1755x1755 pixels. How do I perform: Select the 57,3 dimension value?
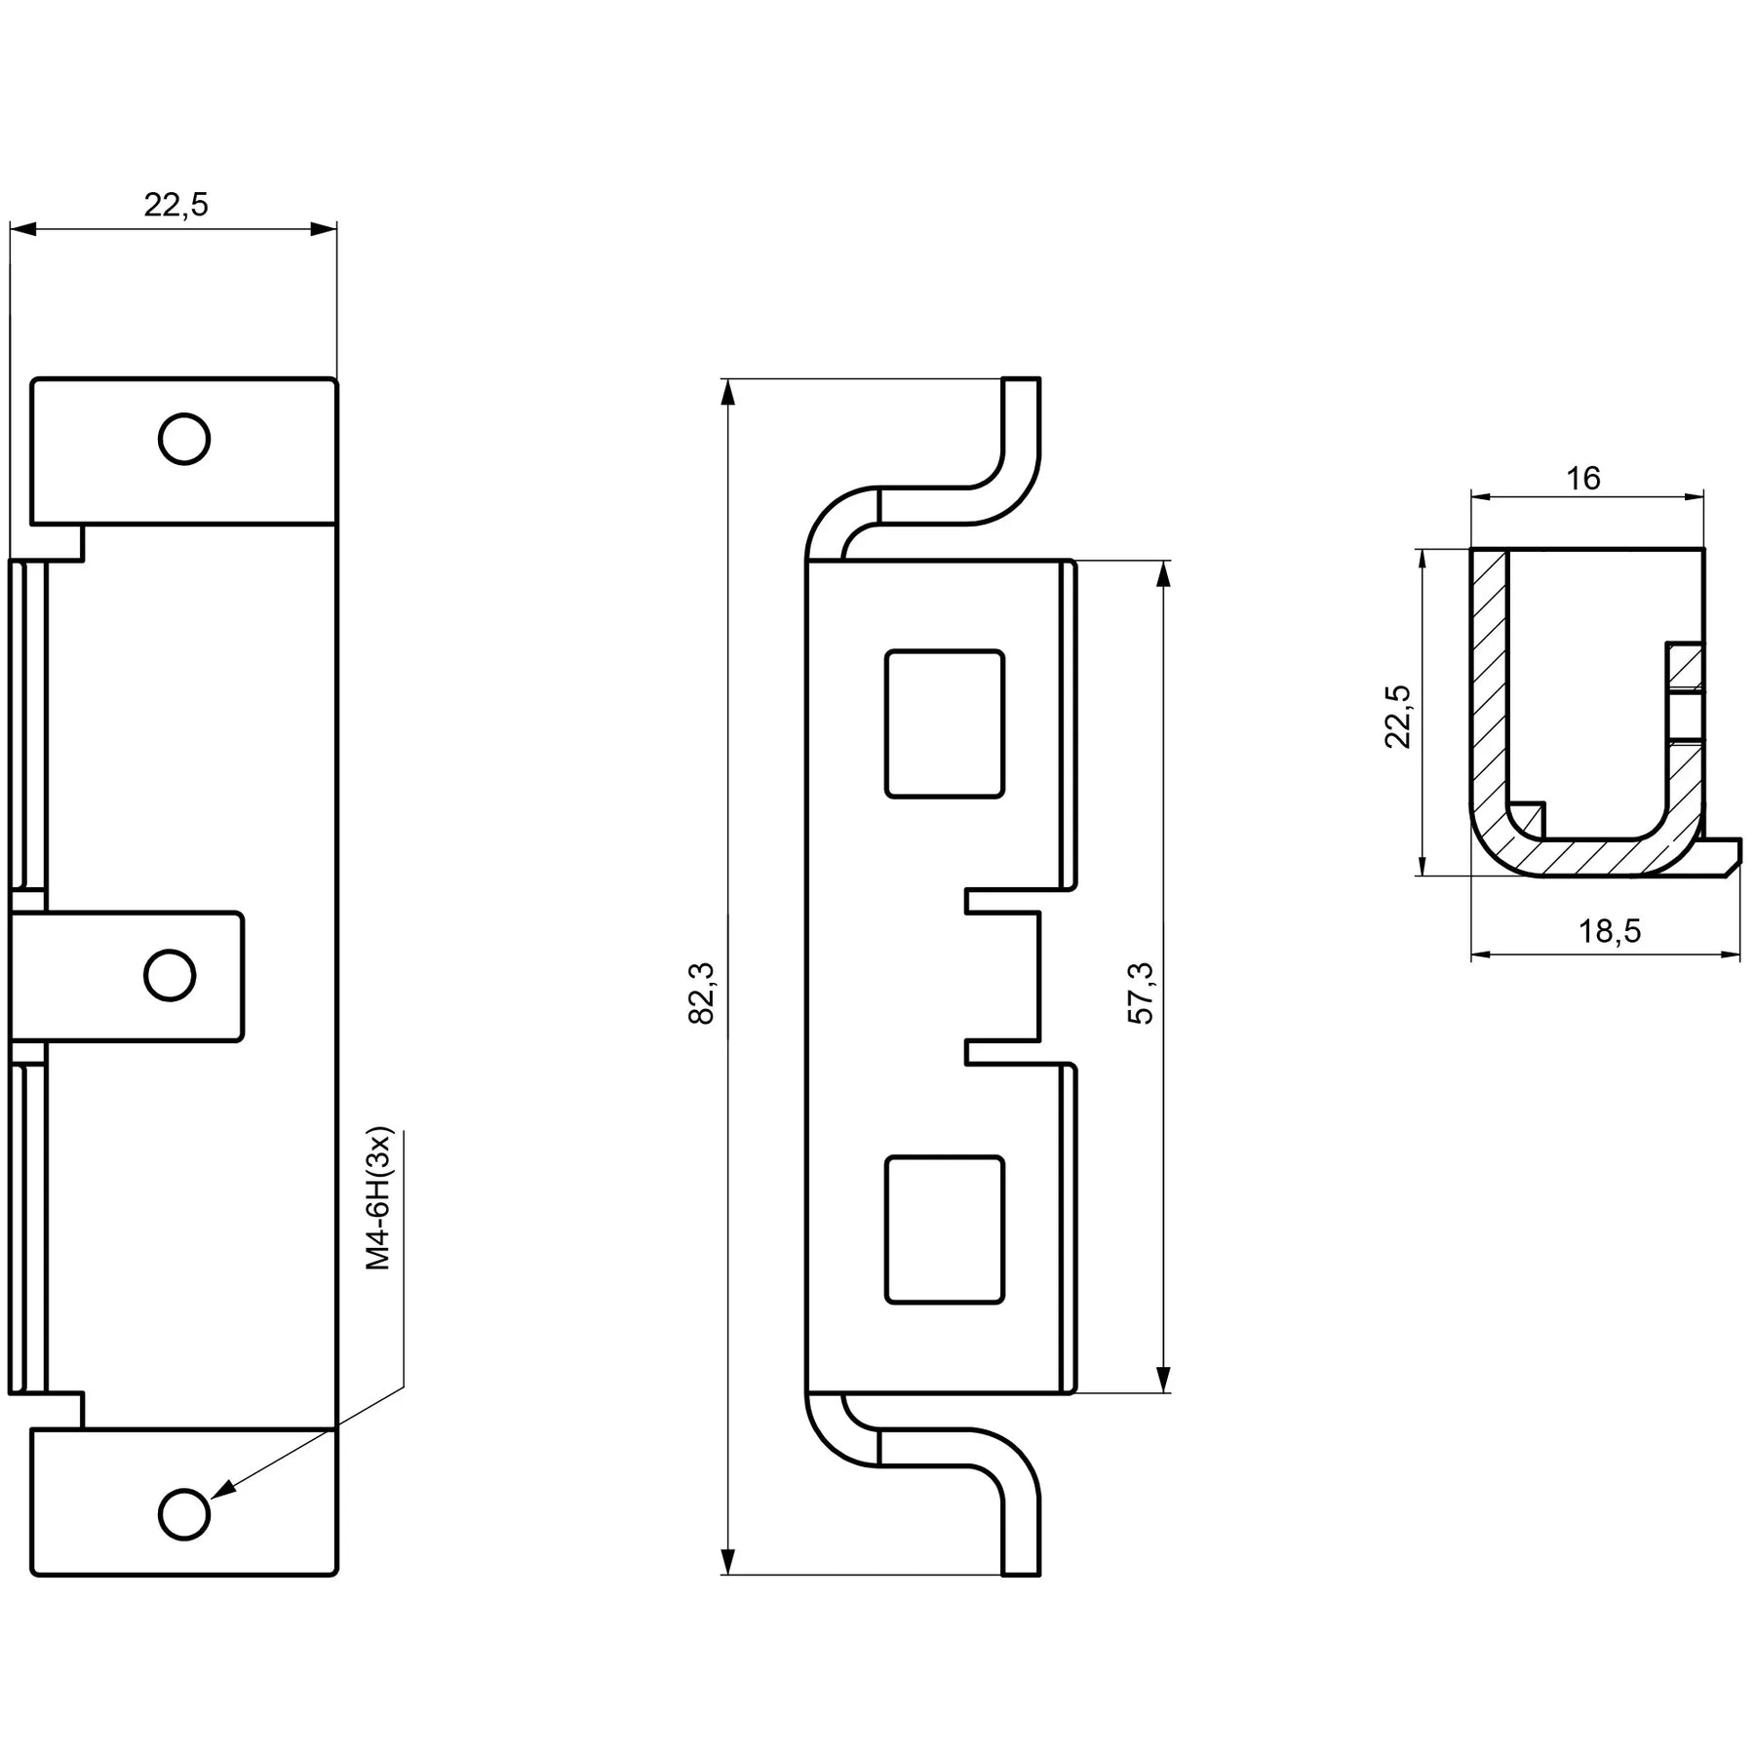click(1140, 993)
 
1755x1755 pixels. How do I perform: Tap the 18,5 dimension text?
click(1610, 931)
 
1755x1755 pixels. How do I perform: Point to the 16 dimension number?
click(1583, 478)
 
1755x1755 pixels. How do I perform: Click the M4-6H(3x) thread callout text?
click(378, 1200)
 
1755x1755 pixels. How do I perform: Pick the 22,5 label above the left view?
click(176, 205)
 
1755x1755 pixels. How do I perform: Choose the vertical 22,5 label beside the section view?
click(1397, 716)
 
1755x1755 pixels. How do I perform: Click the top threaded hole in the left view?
click(184, 439)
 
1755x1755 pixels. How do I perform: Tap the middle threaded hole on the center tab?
click(170, 975)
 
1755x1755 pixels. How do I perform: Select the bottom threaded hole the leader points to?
click(184, 1514)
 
